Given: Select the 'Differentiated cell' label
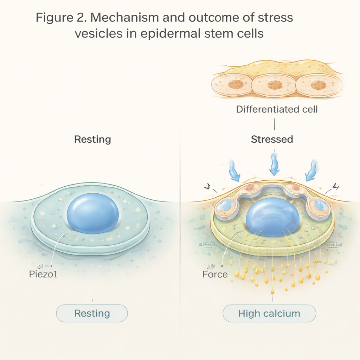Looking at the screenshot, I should click(277, 109).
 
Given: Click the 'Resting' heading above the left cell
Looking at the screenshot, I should click(92, 139).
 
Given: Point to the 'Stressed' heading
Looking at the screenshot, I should click(272, 139).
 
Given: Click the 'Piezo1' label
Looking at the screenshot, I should click(43, 274).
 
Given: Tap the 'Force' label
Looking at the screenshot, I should click(215, 274).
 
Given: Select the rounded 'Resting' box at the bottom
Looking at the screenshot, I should click(92, 313).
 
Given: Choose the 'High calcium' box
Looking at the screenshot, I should click(269, 313).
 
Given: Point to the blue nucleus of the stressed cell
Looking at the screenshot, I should click(272, 217).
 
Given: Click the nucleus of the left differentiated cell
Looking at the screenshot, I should click(236, 84).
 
